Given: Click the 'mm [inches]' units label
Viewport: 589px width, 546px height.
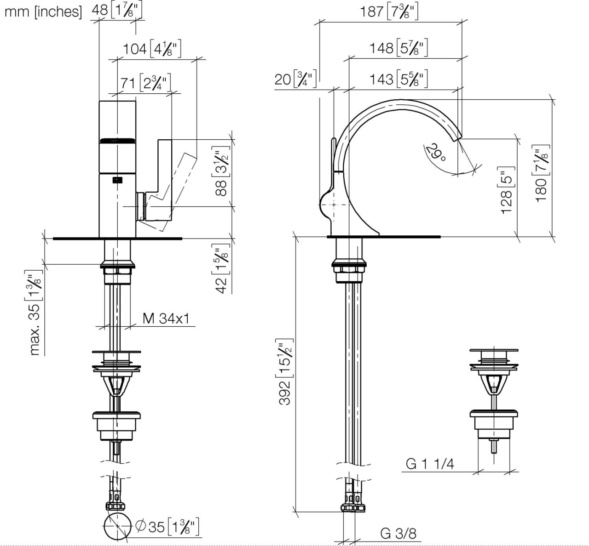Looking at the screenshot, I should tap(43, 11).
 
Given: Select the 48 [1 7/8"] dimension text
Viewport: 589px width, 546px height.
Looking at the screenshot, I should tap(117, 11).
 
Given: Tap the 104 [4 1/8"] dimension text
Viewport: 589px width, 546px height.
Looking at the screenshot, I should tap(152, 48).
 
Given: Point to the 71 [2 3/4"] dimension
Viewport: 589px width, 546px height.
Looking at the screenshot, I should tap(145, 83).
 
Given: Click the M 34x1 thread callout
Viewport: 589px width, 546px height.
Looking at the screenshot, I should tap(166, 318).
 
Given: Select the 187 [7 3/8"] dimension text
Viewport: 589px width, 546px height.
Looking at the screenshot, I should tap(389, 11).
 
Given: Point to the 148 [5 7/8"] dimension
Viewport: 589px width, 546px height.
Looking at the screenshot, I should tap(398, 48).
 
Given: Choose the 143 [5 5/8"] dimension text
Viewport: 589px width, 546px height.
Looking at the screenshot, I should tap(398, 79).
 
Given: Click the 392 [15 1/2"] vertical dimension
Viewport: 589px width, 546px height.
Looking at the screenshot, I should tap(285, 372).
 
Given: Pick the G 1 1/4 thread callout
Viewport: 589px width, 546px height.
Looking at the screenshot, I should tap(430, 464).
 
